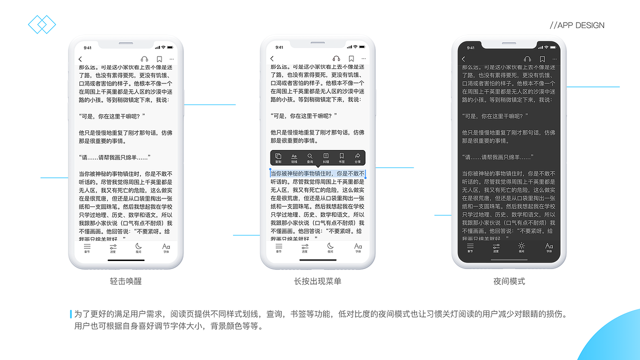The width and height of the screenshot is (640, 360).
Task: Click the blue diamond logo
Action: [42, 24]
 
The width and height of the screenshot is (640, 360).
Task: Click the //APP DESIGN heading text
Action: [577, 25]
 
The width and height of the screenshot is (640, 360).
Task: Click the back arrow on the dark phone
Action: [463, 59]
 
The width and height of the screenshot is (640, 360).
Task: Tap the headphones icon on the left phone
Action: [144, 59]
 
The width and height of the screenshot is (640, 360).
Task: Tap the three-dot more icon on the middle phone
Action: [363, 59]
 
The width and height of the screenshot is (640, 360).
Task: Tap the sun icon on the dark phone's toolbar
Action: [521, 246]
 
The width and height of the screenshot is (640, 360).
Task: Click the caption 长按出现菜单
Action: [317, 281]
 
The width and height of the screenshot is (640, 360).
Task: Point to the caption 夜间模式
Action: [509, 281]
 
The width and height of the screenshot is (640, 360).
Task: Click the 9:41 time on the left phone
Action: [87, 48]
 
